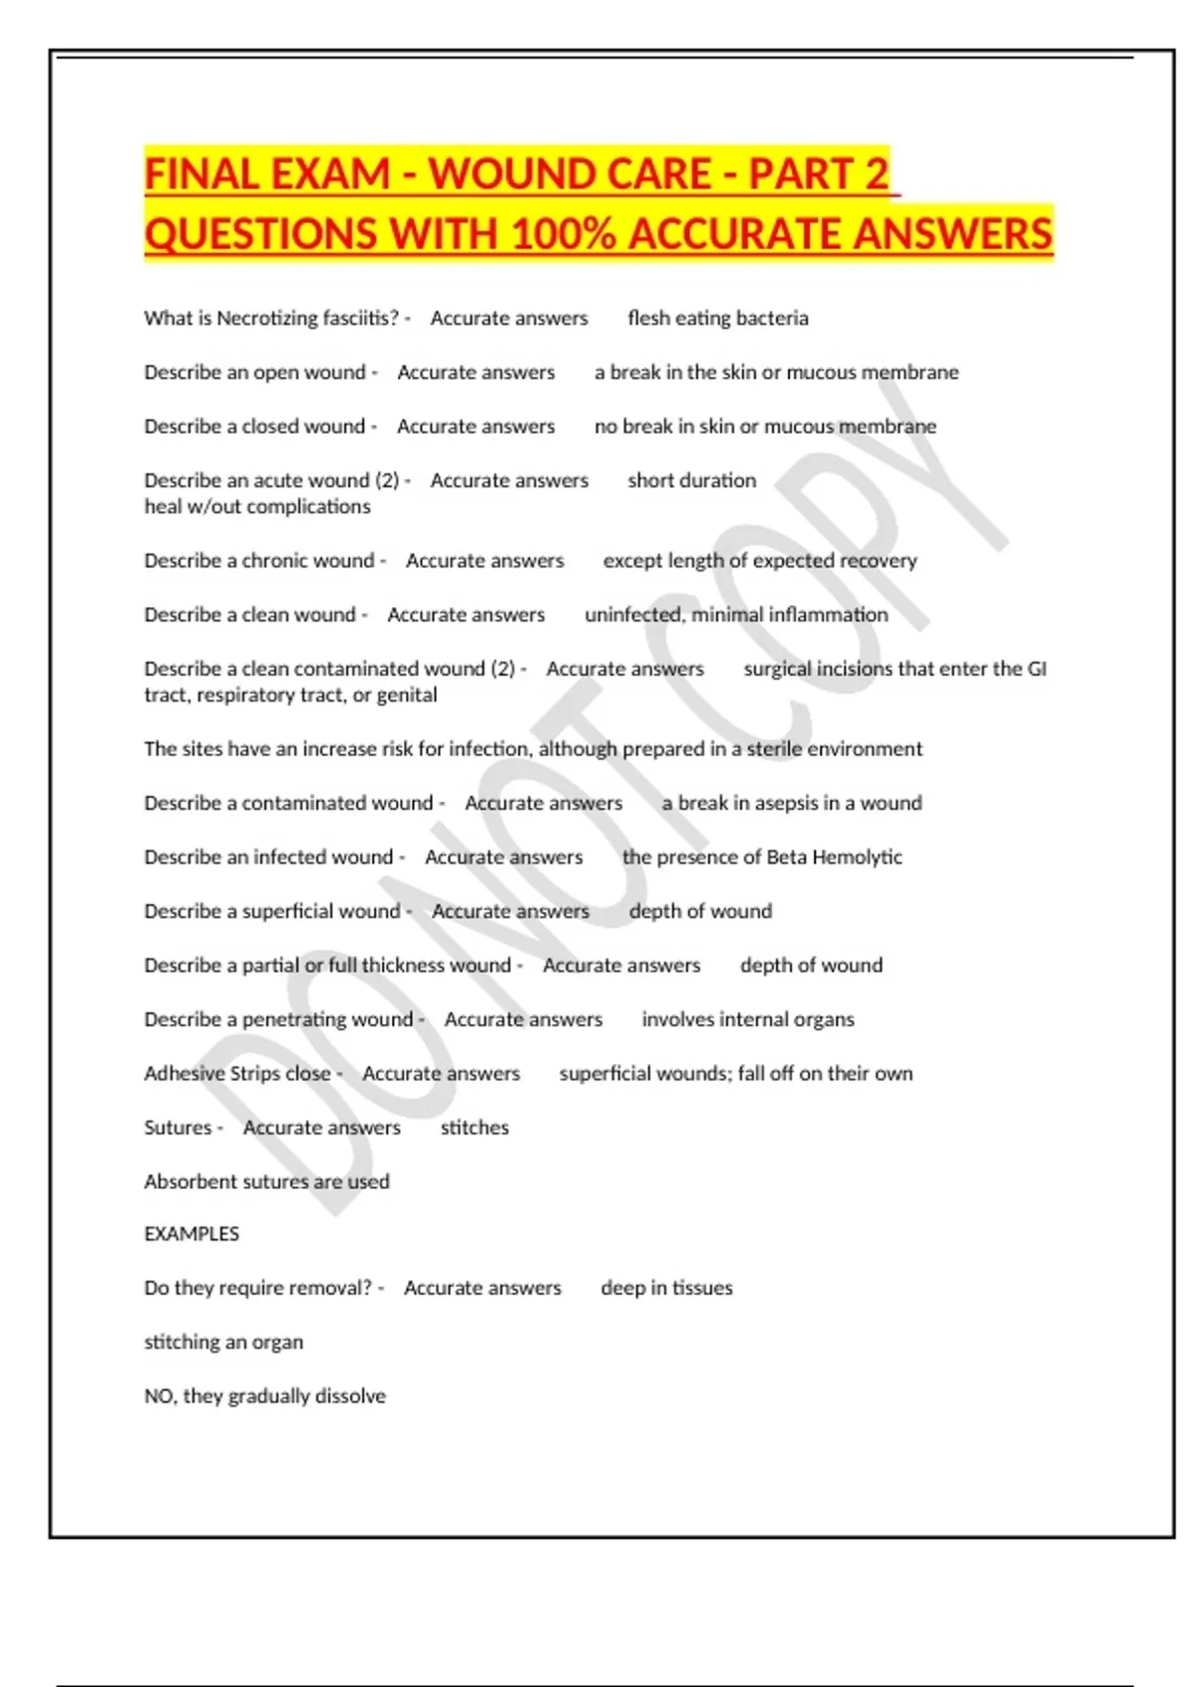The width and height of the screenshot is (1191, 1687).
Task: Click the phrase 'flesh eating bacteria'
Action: click(718, 319)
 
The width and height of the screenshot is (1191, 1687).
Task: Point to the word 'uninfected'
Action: click(632, 615)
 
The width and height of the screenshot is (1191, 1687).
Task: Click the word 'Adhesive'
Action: click(184, 1074)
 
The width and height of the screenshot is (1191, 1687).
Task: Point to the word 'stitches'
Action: click(474, 1128)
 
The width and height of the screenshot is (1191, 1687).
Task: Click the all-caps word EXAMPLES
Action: click(192, 1234)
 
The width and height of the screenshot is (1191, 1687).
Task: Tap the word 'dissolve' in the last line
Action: click(349, 1396)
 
